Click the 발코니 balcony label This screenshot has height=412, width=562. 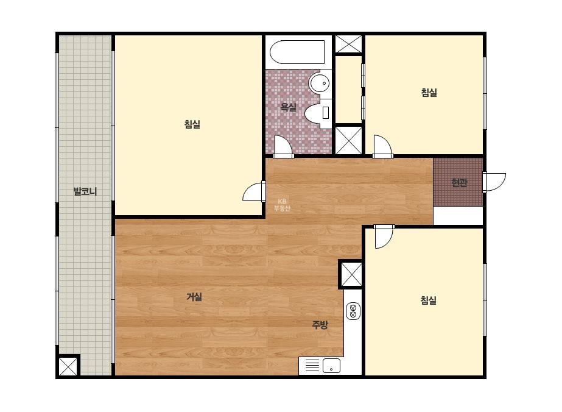click(x=85, y=191)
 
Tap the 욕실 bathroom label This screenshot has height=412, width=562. click(x=288, y=107)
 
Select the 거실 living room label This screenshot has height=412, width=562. click(x=194, y=297)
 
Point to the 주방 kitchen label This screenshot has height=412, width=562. click(x=320, y=325)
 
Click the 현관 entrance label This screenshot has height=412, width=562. click(x=459, y=183)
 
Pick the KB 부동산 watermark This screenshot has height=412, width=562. click(x=282, y=205)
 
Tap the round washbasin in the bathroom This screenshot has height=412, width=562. click(x=320, y=83)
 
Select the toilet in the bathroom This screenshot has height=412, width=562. click(x=318, y=113)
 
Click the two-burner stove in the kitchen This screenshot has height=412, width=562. click(x=353, y=311)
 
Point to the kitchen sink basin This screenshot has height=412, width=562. click(x=331, y=366)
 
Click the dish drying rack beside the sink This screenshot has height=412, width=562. click(x=312, y=366)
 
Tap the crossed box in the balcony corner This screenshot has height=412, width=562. click(x=68, y=366)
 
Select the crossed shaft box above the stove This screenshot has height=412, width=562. click(x=351, y=274)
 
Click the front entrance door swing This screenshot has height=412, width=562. click(x=494, y=182)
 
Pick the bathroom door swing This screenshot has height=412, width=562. click(x=284, y=146)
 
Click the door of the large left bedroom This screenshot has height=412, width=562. click(x=255, y=191)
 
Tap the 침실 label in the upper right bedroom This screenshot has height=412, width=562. click(x=429, y=93)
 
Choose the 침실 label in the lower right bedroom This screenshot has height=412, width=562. click(x=428, y=300)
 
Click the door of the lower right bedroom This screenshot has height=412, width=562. click(x=384, y=236)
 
